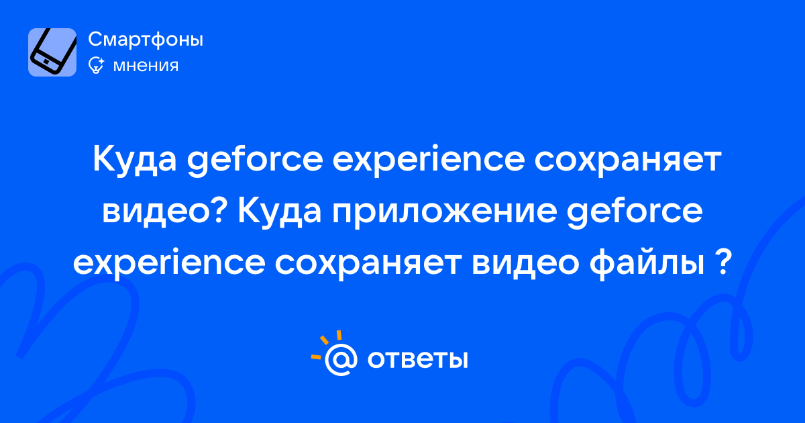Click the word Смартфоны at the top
(x=146, y=39)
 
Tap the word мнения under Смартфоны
(x=146, y=66)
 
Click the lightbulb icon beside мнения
(x=96, y=66)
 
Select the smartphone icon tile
(x=52, y=52)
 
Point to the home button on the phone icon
(x=46, y=62)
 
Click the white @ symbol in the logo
(x=341, y=359)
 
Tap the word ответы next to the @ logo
(x=417, y=359)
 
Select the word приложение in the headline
(x=445, y=212)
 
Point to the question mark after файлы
(x=722, y=262)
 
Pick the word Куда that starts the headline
(x=135, y=160)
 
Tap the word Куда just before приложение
(x=280, y=212)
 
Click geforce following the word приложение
(x=635, y=212)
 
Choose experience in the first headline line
(x=429, y=160)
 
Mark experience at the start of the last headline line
(x=169, y=265)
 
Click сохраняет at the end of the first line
(x=628, y=160)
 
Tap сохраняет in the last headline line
(x=368, y=265)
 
